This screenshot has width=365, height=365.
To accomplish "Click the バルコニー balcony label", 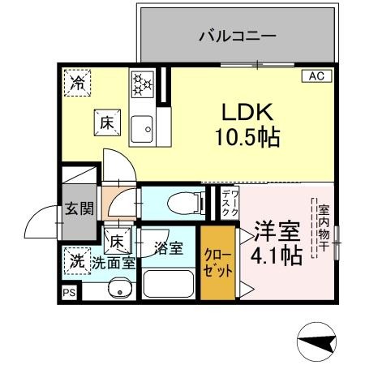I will (238, 36).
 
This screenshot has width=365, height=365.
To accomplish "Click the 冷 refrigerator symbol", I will (78, 81).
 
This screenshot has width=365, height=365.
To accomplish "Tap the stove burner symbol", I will (143, 82).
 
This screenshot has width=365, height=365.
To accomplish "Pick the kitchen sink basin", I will (145, 126).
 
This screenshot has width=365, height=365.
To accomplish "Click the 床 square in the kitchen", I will (106, 122).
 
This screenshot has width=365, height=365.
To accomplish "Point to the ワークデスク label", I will (227, 203).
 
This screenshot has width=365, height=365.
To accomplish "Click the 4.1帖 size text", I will (277, 255).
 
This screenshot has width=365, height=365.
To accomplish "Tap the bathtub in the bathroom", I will (168, 284).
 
